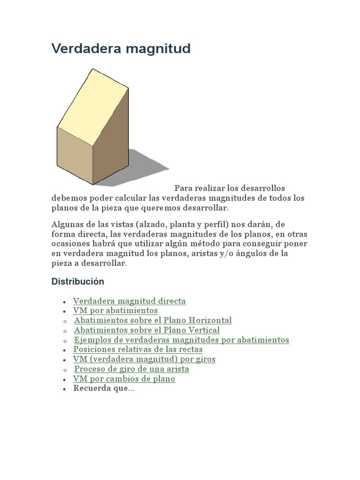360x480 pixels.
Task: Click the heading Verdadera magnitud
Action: (121, 49)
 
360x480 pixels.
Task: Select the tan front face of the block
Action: (74, 155)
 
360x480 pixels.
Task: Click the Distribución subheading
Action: (78, 282)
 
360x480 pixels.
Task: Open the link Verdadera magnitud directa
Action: (129, 301)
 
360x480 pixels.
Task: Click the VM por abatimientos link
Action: (115, 311)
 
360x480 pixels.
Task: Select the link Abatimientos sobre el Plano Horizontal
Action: (153, 321)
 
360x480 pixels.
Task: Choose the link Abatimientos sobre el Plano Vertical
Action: (147, 330)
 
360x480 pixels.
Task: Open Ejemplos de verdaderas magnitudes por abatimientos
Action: (182, 340)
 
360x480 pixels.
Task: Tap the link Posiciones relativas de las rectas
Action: (138, 350)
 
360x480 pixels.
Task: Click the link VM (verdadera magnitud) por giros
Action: (144, 360)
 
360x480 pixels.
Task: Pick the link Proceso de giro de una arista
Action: (132, 369)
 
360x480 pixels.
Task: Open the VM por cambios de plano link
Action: (124, 379)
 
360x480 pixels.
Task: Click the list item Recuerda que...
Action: (104, 389)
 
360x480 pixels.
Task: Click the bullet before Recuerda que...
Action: (64, 389)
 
